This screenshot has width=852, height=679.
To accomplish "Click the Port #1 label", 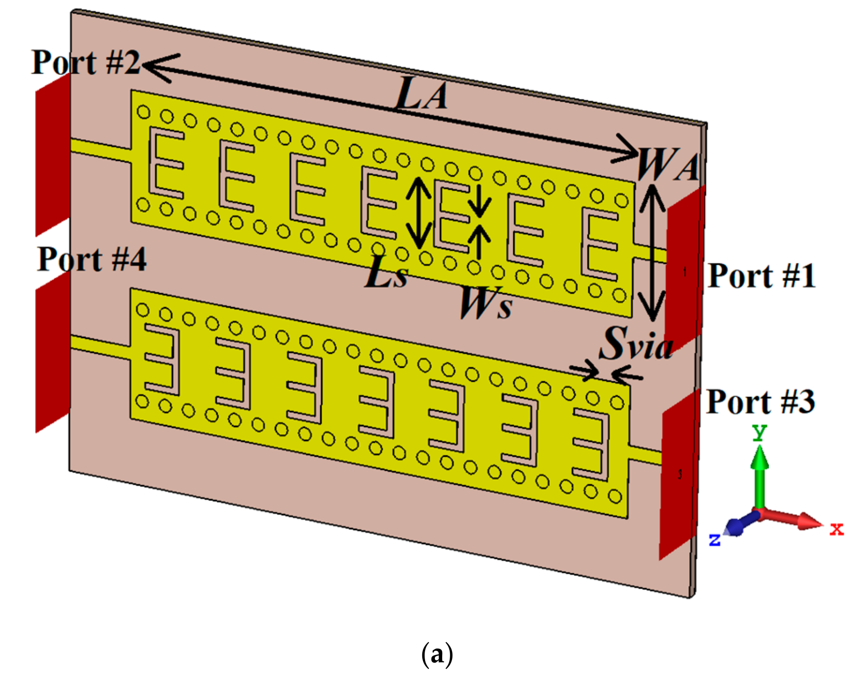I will [761, 276].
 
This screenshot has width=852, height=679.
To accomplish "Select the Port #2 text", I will [85, 63].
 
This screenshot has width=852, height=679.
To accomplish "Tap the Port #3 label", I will [760, 402].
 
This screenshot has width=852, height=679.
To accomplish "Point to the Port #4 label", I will [91, 259].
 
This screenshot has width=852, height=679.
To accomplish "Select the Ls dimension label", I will [386, 274].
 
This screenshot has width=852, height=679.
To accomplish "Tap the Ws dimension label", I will [486, 303].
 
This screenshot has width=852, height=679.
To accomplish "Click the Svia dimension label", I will [636, 344].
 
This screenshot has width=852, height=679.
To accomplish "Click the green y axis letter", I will [759, 432].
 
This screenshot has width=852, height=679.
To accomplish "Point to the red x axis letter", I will [836, 529].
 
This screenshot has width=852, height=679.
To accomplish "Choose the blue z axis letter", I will [715, 539].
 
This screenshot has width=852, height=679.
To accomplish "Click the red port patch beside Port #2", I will [52, 155].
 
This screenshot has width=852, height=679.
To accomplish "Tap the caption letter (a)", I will [437, 654].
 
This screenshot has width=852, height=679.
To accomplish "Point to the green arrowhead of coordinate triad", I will [759, 456].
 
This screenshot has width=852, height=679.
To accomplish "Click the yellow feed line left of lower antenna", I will [100, 346].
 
